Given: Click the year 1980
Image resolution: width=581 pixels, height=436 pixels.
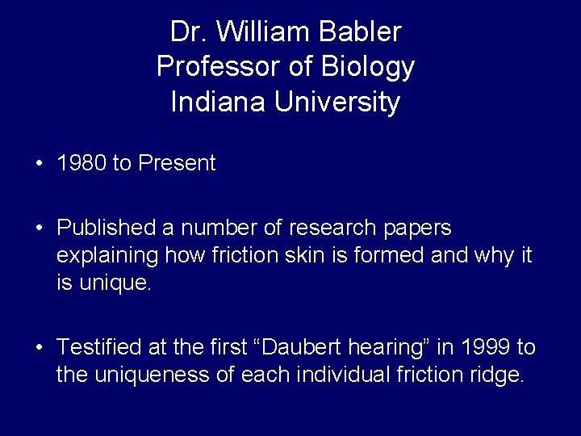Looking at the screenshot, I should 82,163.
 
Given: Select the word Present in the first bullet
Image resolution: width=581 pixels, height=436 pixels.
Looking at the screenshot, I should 177,163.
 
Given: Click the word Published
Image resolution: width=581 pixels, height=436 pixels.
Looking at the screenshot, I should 107,228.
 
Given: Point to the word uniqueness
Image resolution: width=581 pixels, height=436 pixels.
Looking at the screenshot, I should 138,375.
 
